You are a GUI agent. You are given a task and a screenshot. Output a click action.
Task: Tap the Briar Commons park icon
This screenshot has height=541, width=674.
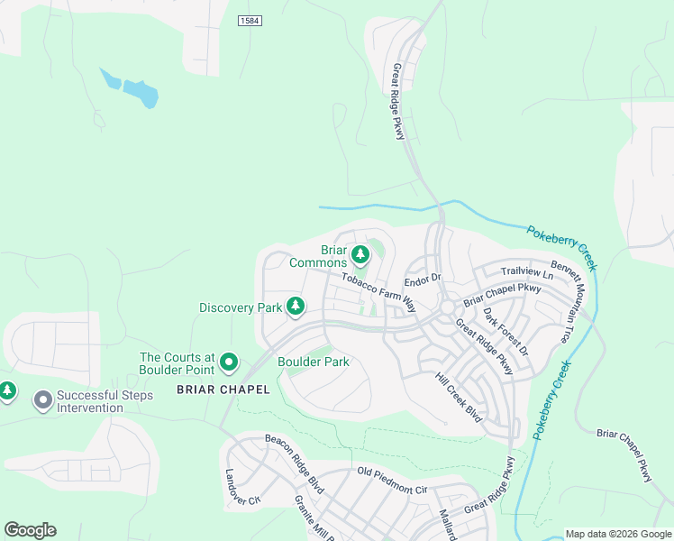[360, 256]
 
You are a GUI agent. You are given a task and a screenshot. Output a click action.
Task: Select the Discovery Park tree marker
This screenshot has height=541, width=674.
[295, 307]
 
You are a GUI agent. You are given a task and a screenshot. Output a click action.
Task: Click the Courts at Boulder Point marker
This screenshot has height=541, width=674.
[229, 363]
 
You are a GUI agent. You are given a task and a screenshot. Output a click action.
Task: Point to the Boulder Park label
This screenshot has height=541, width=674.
[313, 362]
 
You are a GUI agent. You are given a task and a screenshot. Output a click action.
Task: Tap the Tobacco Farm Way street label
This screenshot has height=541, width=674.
[378, 290]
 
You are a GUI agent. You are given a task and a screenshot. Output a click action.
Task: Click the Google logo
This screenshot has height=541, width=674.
[30, 530]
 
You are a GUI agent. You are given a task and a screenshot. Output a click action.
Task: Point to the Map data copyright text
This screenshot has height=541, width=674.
[617, 533]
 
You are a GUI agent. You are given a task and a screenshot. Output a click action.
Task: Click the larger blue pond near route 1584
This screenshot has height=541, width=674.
[141, 92]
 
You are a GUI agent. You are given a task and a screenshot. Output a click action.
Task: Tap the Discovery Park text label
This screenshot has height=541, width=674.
[241, 307]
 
